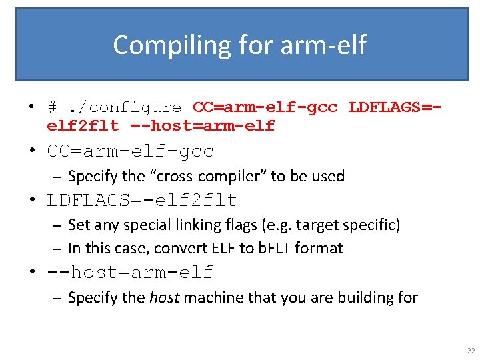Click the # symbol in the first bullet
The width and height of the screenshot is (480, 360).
click(x=52, y=107)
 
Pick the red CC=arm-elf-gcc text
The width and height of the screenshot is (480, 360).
click(x=265, y=107)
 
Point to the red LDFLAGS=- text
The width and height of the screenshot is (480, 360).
click(x=394, y=107)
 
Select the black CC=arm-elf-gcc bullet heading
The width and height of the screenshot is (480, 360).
click(x=130, y=151)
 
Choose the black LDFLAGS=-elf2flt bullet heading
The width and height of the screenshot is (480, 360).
click(x=142, y=200)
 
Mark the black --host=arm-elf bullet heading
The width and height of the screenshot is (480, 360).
click(x=130, y=273)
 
